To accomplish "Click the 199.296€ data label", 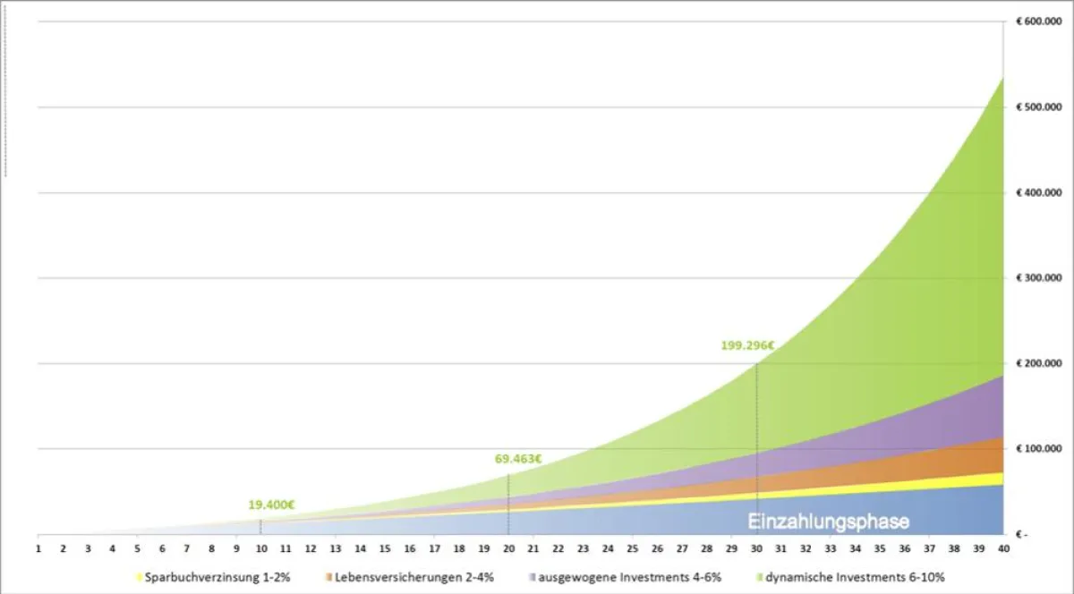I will (746, 345).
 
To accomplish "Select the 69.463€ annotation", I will (518, 459).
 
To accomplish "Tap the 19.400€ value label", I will (271, 505).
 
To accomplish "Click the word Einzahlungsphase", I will (828, 522).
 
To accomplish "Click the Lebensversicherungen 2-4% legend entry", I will (413, 577).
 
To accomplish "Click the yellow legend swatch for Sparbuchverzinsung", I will (140, 578).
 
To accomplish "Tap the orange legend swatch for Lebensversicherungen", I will (329, 578).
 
